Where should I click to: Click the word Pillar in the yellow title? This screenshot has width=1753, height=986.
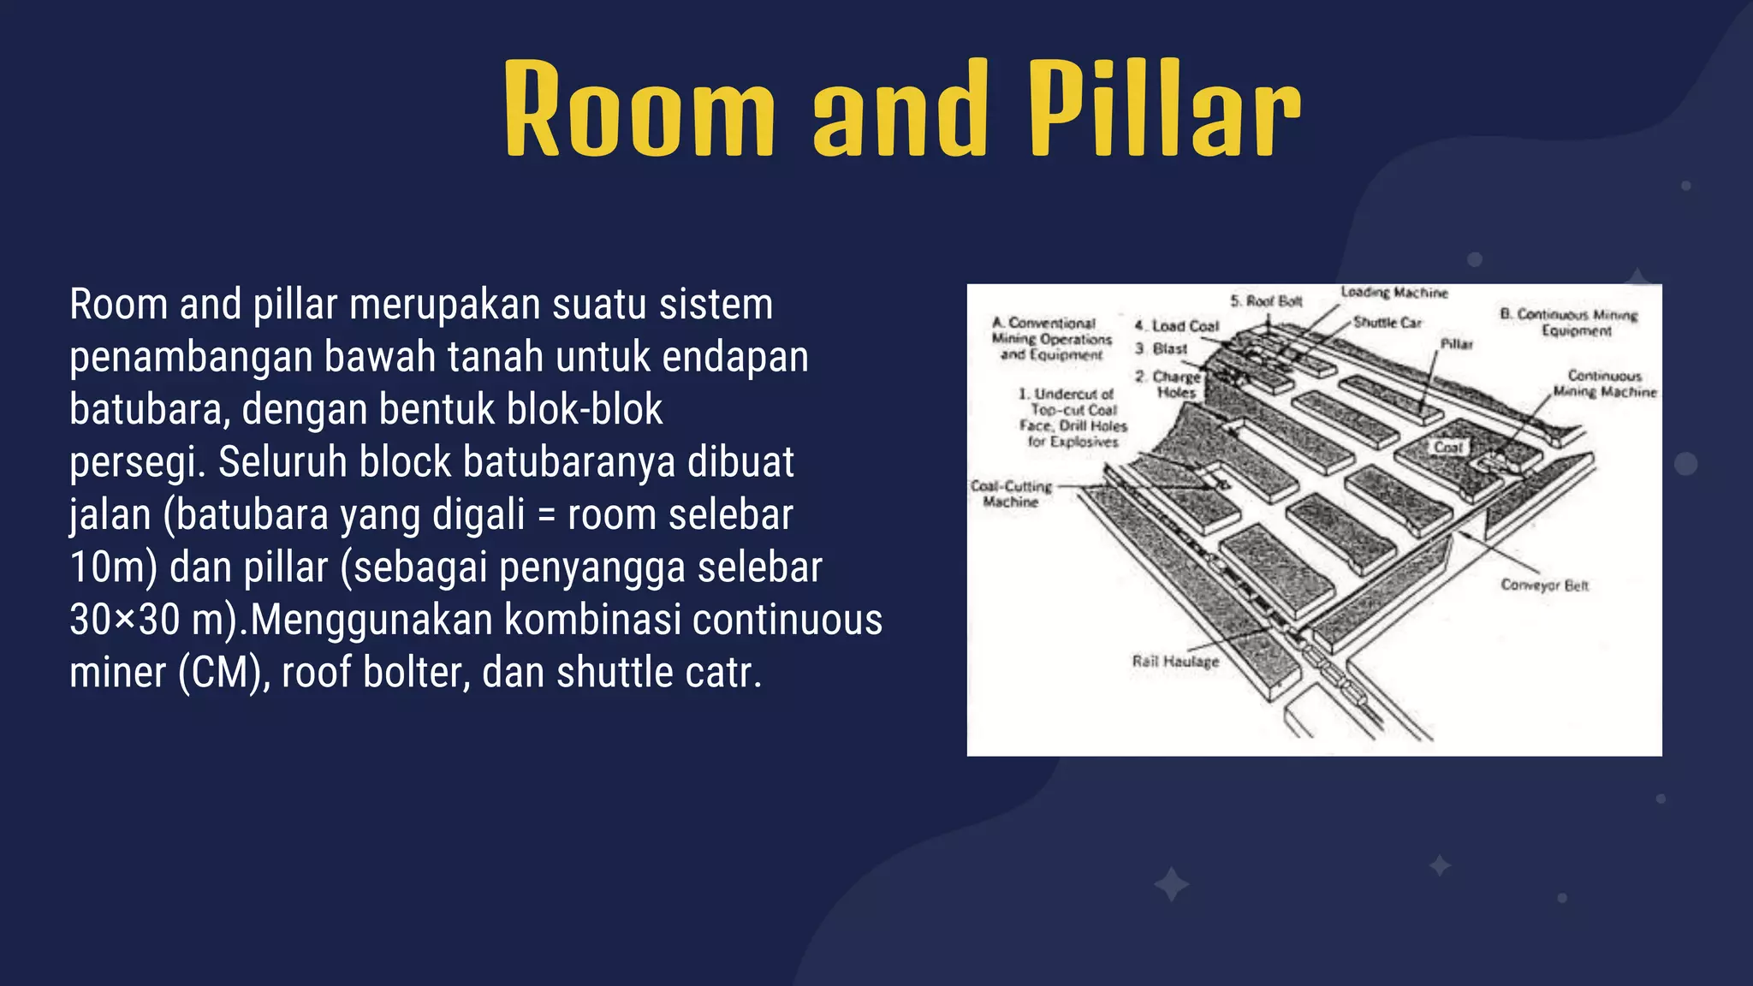pyautogui.click(x=1164, y=110)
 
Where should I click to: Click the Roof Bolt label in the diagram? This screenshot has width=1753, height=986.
pyautogui.click(x=1267, y=301)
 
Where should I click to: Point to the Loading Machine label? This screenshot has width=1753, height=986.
pyautogui.click(x=1394, y=293)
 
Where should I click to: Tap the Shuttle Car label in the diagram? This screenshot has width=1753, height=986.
pyautogui.click(x=1388, y=323)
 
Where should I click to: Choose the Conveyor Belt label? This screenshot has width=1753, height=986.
pyautogui.click(x=1544, y=585)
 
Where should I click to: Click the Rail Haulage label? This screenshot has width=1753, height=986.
pyautogui.click(x=1175, y=662)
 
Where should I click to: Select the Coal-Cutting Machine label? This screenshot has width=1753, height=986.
pyautogui.click(x=1011, y=494)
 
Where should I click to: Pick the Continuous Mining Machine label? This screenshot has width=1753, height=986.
pyautogui.click(x=1605, y=383)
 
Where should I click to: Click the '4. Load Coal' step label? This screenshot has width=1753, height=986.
pyautogui.click(x=1177, y=326)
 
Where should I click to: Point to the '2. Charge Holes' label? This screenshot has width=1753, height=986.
pyautogui.click(x=1170, y=384)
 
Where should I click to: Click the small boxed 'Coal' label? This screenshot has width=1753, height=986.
pyautogui.click(x=1449, y=447)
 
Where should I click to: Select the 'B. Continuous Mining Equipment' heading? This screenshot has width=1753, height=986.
pyautogui.click(x=1569, y=322)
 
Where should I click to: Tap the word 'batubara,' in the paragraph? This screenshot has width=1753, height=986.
pyautogui.click(x=149, y=410)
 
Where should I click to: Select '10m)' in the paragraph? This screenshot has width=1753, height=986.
pyautogui.click(x=113, y=567)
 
